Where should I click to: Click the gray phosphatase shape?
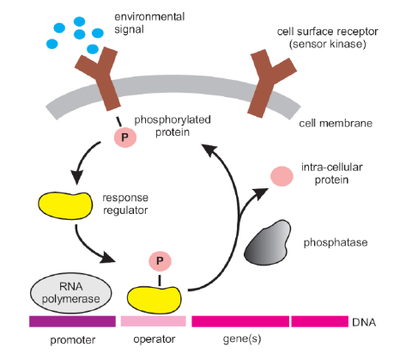[x=267, y=243]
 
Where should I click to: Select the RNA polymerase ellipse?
[x=71, y=293]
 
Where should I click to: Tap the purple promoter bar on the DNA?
[x=72, y=321]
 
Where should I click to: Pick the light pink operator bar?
[x=154, y=321]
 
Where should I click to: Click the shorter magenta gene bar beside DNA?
[x=320, y=321]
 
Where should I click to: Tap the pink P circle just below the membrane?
[x=125, y=137]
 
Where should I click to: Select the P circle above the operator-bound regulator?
[x=160, y=261]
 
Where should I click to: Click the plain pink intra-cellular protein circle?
[x=282, y=176]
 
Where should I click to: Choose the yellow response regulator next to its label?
[x=65, y=205]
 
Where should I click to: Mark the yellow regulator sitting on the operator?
[x=155, y=299]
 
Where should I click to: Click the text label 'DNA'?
[x=364, y=322]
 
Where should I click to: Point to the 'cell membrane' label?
[x=336, y=124]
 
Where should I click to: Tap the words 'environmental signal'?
[x=149, y=23]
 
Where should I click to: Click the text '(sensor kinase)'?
[x=328, y=44]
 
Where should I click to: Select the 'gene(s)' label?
[x=242, y=339]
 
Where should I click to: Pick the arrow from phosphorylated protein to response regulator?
[x=82, y=161]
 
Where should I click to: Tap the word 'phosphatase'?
[x=336, y=242]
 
